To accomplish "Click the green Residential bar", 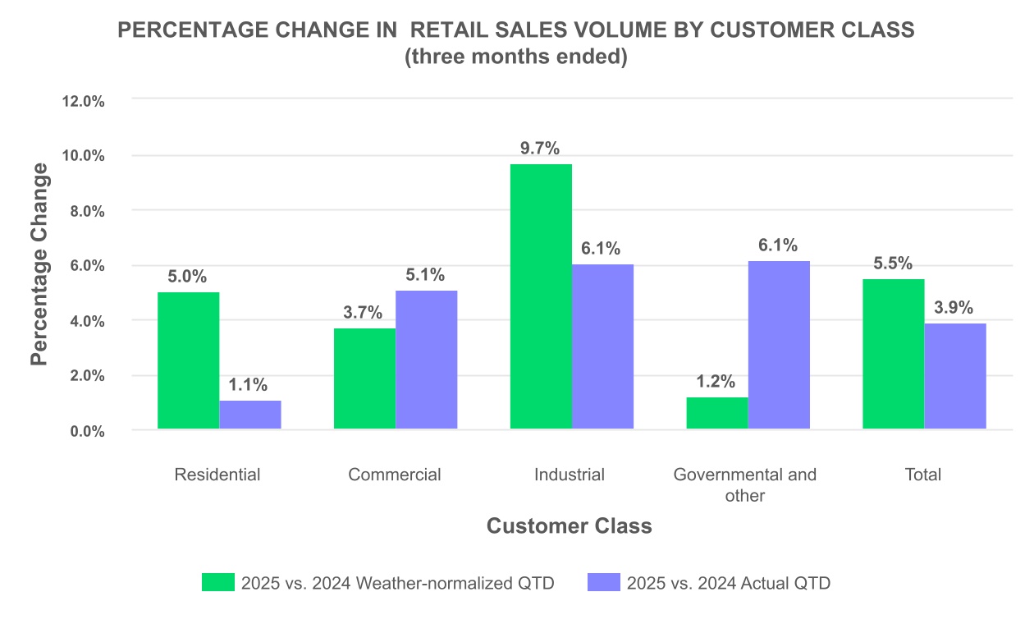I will pos(188,360).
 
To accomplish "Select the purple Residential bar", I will pos(250,415).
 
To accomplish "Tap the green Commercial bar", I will pos(364,379).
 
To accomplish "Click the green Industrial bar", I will pos(541,296).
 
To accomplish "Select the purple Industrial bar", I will pos(603,346).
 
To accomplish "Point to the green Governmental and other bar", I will pos(717,413).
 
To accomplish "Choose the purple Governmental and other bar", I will pos(780,345).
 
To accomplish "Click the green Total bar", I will pos(894,354).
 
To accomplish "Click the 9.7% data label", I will pos(540,149).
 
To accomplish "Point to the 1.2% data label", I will pos(716,382).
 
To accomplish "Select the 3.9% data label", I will pos(954,308).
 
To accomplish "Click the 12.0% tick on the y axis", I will pos(83,101).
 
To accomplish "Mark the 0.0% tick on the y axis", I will pos(86,431).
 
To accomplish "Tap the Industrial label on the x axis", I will pos(570,475).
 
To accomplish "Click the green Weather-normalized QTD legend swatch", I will pos(218,583).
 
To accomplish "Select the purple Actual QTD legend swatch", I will pos(604,583).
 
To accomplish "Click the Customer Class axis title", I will pos(570,526).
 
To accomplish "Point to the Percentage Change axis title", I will pos(39,264).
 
